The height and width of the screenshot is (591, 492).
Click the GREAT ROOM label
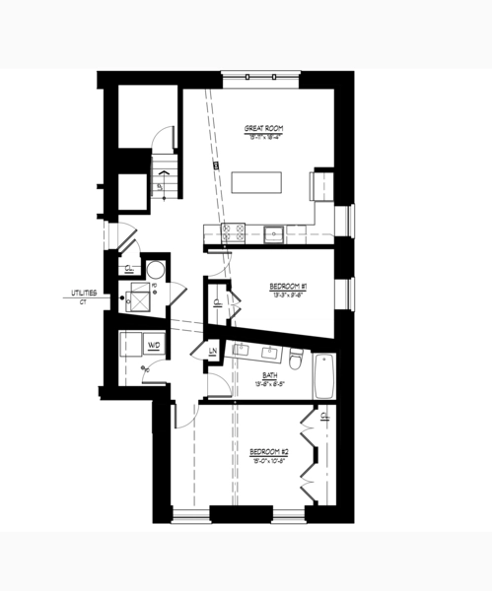[263, 128]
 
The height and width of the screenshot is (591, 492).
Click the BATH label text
[270, 375]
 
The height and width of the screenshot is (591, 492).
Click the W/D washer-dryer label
[154, 345]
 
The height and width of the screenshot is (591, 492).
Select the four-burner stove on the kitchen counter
[234, 232]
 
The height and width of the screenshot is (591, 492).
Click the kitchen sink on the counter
[274, 233]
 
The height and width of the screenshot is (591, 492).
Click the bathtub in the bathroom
[325, 375]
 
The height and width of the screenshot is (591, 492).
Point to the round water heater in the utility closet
[154, 269]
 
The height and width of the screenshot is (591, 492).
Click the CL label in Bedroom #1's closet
[216, 303]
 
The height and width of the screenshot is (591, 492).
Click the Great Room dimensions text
[263, 136]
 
